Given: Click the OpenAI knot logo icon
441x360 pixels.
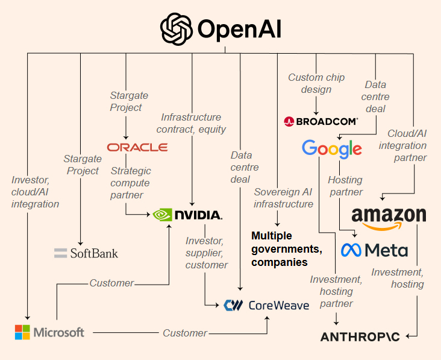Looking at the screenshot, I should point(176,29).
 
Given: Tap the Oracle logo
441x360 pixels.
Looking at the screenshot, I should point(137,147).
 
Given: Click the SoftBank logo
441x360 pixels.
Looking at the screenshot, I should point(86,253).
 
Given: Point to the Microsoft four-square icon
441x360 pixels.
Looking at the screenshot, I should point(22,332).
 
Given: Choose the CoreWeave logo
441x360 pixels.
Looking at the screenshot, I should point(266,305).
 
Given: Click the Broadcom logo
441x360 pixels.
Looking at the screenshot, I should point(321,121).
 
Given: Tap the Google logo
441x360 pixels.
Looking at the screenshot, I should point(332,148).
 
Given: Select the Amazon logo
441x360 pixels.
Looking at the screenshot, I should point(389,218).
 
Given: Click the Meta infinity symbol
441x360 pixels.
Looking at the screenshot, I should point(352,250).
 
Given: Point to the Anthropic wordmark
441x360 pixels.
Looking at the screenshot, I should point(360,336).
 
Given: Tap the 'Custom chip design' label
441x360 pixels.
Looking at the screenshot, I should point(316,83).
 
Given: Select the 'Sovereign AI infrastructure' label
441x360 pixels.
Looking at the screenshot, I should point(284,198).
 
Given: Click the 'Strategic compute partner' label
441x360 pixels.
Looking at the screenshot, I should point(130,183).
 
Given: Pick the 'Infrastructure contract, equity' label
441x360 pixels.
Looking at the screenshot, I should point(191,123).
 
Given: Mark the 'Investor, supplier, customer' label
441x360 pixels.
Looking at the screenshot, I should point(207,253).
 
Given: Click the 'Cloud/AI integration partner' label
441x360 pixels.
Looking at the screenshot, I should point(407,145).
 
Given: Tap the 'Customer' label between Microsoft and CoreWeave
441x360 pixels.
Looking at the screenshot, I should point(185,333).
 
